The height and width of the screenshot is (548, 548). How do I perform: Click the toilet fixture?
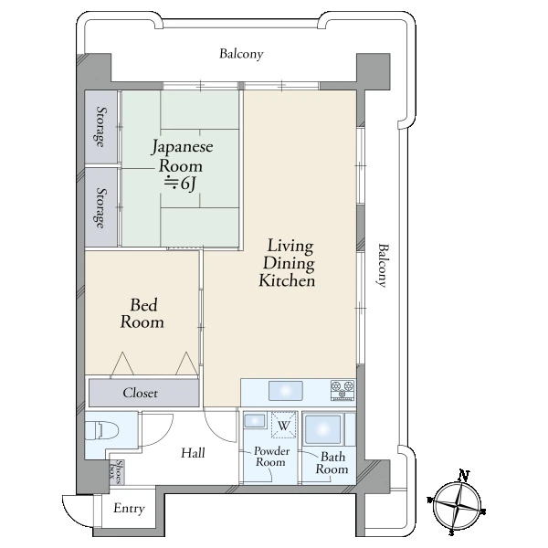101,430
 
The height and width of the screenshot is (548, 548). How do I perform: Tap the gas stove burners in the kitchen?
342,390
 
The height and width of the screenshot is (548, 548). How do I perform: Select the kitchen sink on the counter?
286,391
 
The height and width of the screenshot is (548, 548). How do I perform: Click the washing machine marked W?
284,425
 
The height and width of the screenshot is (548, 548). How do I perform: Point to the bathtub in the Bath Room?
323,429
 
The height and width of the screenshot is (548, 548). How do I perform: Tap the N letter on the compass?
464,475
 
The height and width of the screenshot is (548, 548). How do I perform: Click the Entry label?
129,509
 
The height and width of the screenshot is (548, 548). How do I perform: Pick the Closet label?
140,393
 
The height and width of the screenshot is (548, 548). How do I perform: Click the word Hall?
193,453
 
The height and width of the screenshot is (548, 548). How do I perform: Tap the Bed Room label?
142,313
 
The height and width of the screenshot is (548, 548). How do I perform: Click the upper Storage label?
100,127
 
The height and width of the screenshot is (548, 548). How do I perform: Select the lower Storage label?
100,208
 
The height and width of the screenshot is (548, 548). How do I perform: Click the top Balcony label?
241,54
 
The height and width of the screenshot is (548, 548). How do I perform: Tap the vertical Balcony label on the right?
383,266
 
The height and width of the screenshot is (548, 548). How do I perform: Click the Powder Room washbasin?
255,421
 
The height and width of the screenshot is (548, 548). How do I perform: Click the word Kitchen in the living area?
287,281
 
